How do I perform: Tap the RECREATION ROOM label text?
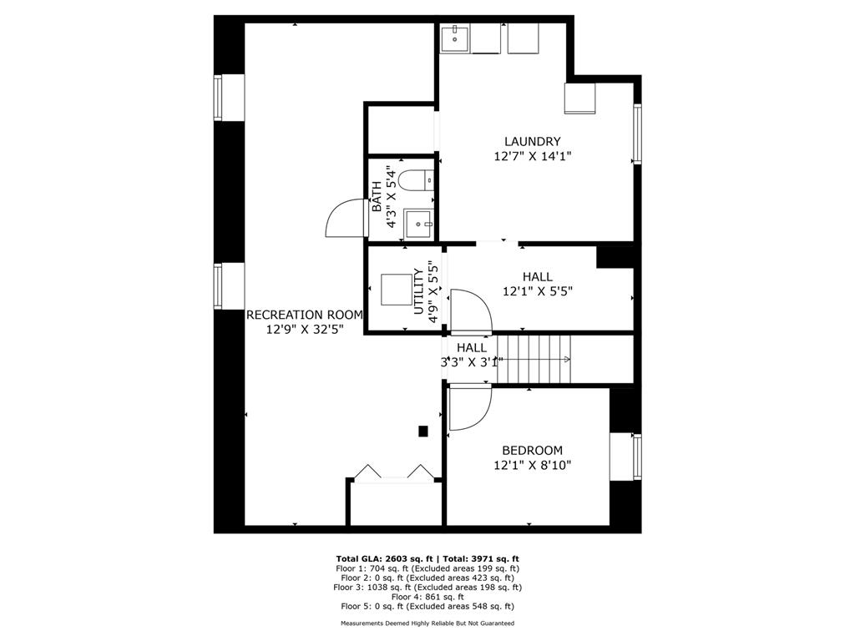(304, 315)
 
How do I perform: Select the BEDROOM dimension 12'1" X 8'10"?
(532, 466)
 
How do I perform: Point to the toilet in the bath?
(414, 179)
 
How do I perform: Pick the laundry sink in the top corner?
(454, 38)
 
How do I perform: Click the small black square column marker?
(423, 431)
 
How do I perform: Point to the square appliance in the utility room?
(395, 290)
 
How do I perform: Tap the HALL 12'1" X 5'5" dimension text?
(537, 291)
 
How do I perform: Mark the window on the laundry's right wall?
(637, 133)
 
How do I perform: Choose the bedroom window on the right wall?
(636, 457)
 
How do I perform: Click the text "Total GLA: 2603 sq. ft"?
(383, 558)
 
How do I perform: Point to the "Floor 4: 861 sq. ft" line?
(427, 597)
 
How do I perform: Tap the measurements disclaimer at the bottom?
(427, 623)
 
